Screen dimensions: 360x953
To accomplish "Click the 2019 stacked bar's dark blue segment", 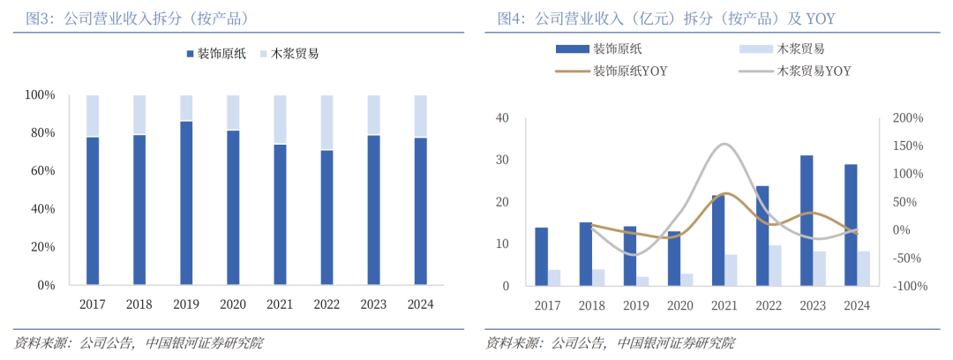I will pyautogui.click(x=186, y=203).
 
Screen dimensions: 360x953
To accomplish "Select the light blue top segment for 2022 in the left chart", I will pyautogui.click(x=326, y=123).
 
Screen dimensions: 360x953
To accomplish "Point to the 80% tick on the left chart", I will pyautogui.click(x=41, y=133).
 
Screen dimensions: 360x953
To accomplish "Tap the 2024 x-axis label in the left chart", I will pyautogui.click(x=420, y=304).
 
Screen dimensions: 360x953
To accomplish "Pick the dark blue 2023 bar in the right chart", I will pyautogui.click(x=807, y=221).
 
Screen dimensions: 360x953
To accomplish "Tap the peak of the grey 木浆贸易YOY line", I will pyautogui.click(x=724, y=144).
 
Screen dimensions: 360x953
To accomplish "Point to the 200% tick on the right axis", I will pyautogui.click(x=907, y=117).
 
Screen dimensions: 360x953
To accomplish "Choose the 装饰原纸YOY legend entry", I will pyautogui.click(x=630, y=71).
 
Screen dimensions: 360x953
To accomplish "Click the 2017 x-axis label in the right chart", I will pyautogui.click(x=547, y=305).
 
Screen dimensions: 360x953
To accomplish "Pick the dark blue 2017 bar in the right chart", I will pyautogui.click(x=541, y=257).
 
